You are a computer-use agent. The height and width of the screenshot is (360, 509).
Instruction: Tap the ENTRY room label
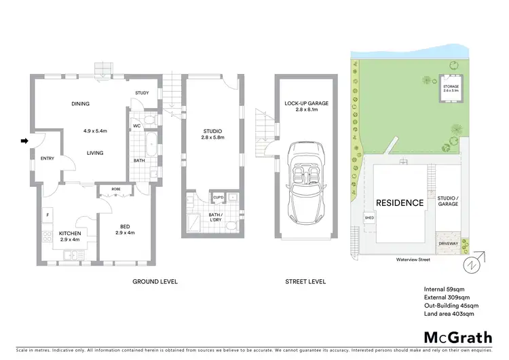coord(48,159)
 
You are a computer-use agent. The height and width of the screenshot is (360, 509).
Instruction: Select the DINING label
coord(81,104)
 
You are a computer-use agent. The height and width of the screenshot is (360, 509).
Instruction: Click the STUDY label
coord(142,93)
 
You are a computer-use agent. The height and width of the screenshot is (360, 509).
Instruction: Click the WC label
coord(136,126)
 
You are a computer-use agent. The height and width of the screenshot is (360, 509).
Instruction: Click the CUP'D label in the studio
coord(219,198)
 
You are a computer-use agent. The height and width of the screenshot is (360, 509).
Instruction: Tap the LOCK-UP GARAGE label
coord(307,103)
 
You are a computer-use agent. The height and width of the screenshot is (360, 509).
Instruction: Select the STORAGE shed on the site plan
coord(451,87)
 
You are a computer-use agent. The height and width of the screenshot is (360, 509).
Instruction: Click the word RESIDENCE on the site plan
coord(400,202)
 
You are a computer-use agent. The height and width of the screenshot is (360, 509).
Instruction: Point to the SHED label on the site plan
coord(369,218)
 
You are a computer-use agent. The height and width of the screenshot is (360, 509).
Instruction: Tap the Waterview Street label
coord(415,259)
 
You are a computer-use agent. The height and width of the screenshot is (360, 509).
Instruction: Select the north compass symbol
coord(471,263)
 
